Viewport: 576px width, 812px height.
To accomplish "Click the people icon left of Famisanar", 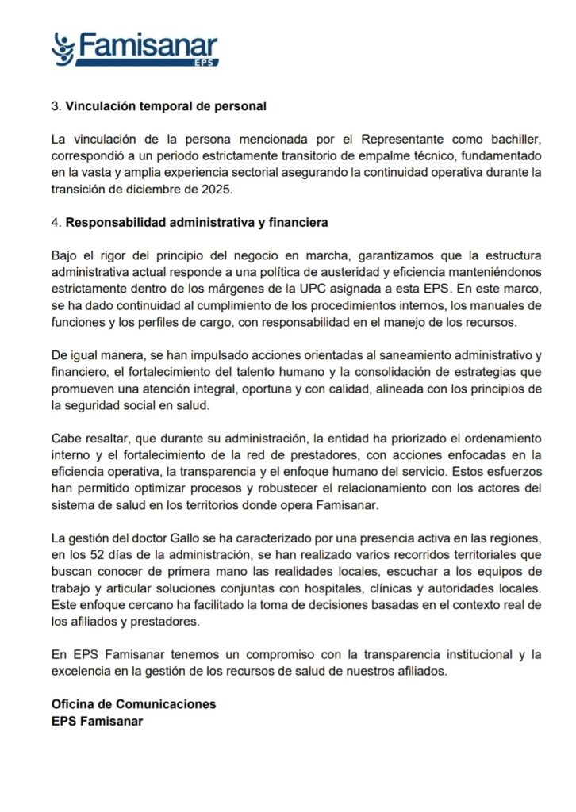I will pos(63,48).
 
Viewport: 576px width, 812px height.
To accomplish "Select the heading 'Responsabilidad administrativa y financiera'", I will pos(197,224).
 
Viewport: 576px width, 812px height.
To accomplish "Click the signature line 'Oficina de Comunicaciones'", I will pos(133,704).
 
